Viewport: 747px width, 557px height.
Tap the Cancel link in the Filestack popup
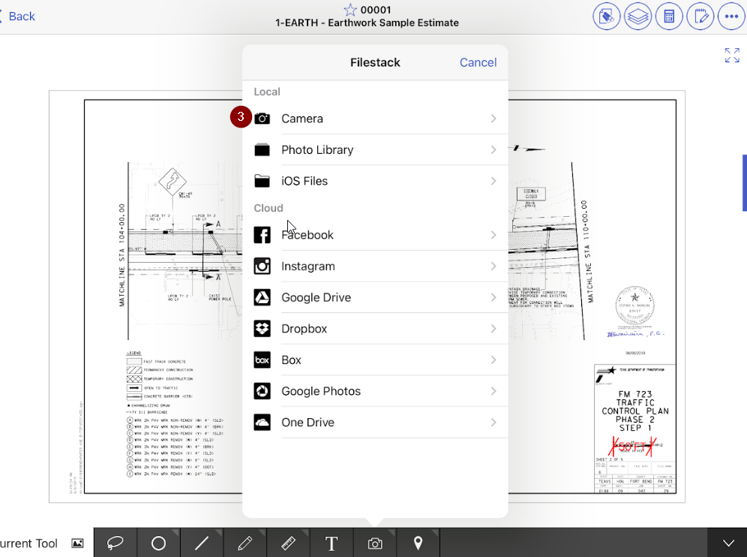478,62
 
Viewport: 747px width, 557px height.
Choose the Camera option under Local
302,119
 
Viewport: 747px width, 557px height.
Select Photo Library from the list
317,150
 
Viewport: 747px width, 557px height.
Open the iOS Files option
304,181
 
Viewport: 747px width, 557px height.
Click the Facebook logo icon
262,235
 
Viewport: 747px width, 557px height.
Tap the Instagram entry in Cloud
308,266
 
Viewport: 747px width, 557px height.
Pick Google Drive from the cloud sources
316,297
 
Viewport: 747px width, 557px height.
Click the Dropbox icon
262,329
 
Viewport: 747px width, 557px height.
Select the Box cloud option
291,360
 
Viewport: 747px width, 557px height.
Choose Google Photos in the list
321,391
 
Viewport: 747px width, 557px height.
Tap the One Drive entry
307,423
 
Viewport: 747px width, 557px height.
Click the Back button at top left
18,17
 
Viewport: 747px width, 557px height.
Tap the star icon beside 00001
350,10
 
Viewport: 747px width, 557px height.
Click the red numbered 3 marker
241,117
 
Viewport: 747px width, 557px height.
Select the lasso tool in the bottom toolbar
115,543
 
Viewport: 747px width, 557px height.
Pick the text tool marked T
331,543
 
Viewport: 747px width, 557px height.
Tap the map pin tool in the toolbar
418,543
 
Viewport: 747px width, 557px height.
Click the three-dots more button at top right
731,17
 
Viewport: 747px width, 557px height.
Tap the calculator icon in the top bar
668,17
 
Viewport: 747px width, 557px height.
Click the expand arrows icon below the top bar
732,55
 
